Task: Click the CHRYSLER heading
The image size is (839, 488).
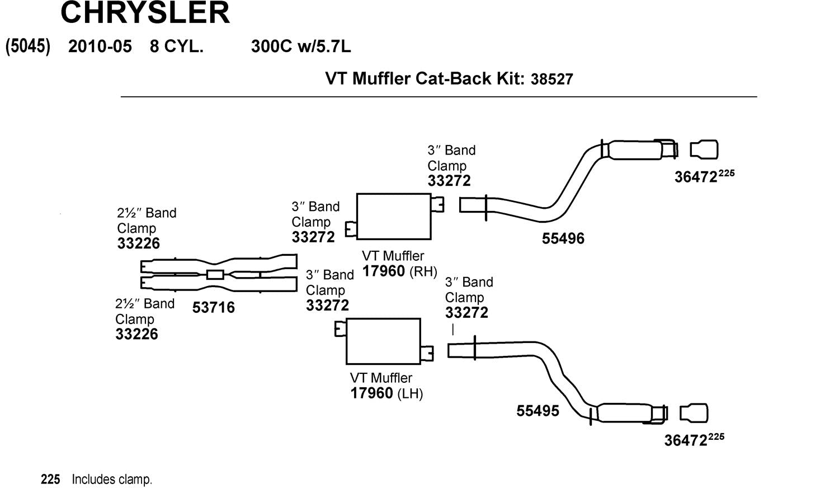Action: point(145,12)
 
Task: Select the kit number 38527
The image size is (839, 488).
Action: point(552,79)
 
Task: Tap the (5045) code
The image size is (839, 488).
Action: point(28,46)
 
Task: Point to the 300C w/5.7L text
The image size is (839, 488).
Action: point(301,46)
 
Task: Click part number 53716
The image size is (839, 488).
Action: point(214,308)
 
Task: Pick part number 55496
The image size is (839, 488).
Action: point(563,239)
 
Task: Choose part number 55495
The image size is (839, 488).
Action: point(538,411)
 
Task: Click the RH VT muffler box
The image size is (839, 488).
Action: point(394,217)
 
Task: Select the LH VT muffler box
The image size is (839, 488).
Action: point(383,341)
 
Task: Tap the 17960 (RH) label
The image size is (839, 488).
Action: point(399,271)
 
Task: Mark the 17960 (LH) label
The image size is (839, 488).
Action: point(386,393)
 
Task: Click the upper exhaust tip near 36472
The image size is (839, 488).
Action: point(704,150)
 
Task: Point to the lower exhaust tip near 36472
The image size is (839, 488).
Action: point(694,413)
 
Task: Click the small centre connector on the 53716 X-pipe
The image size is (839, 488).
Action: point(215,274)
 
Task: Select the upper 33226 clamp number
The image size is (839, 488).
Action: point(138,243)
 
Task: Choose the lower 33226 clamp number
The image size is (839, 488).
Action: point(136,334)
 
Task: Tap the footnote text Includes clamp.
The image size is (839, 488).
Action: point(112,480)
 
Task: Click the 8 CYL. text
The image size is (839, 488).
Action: point(176,46)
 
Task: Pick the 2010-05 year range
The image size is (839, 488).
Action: point(100,46)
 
